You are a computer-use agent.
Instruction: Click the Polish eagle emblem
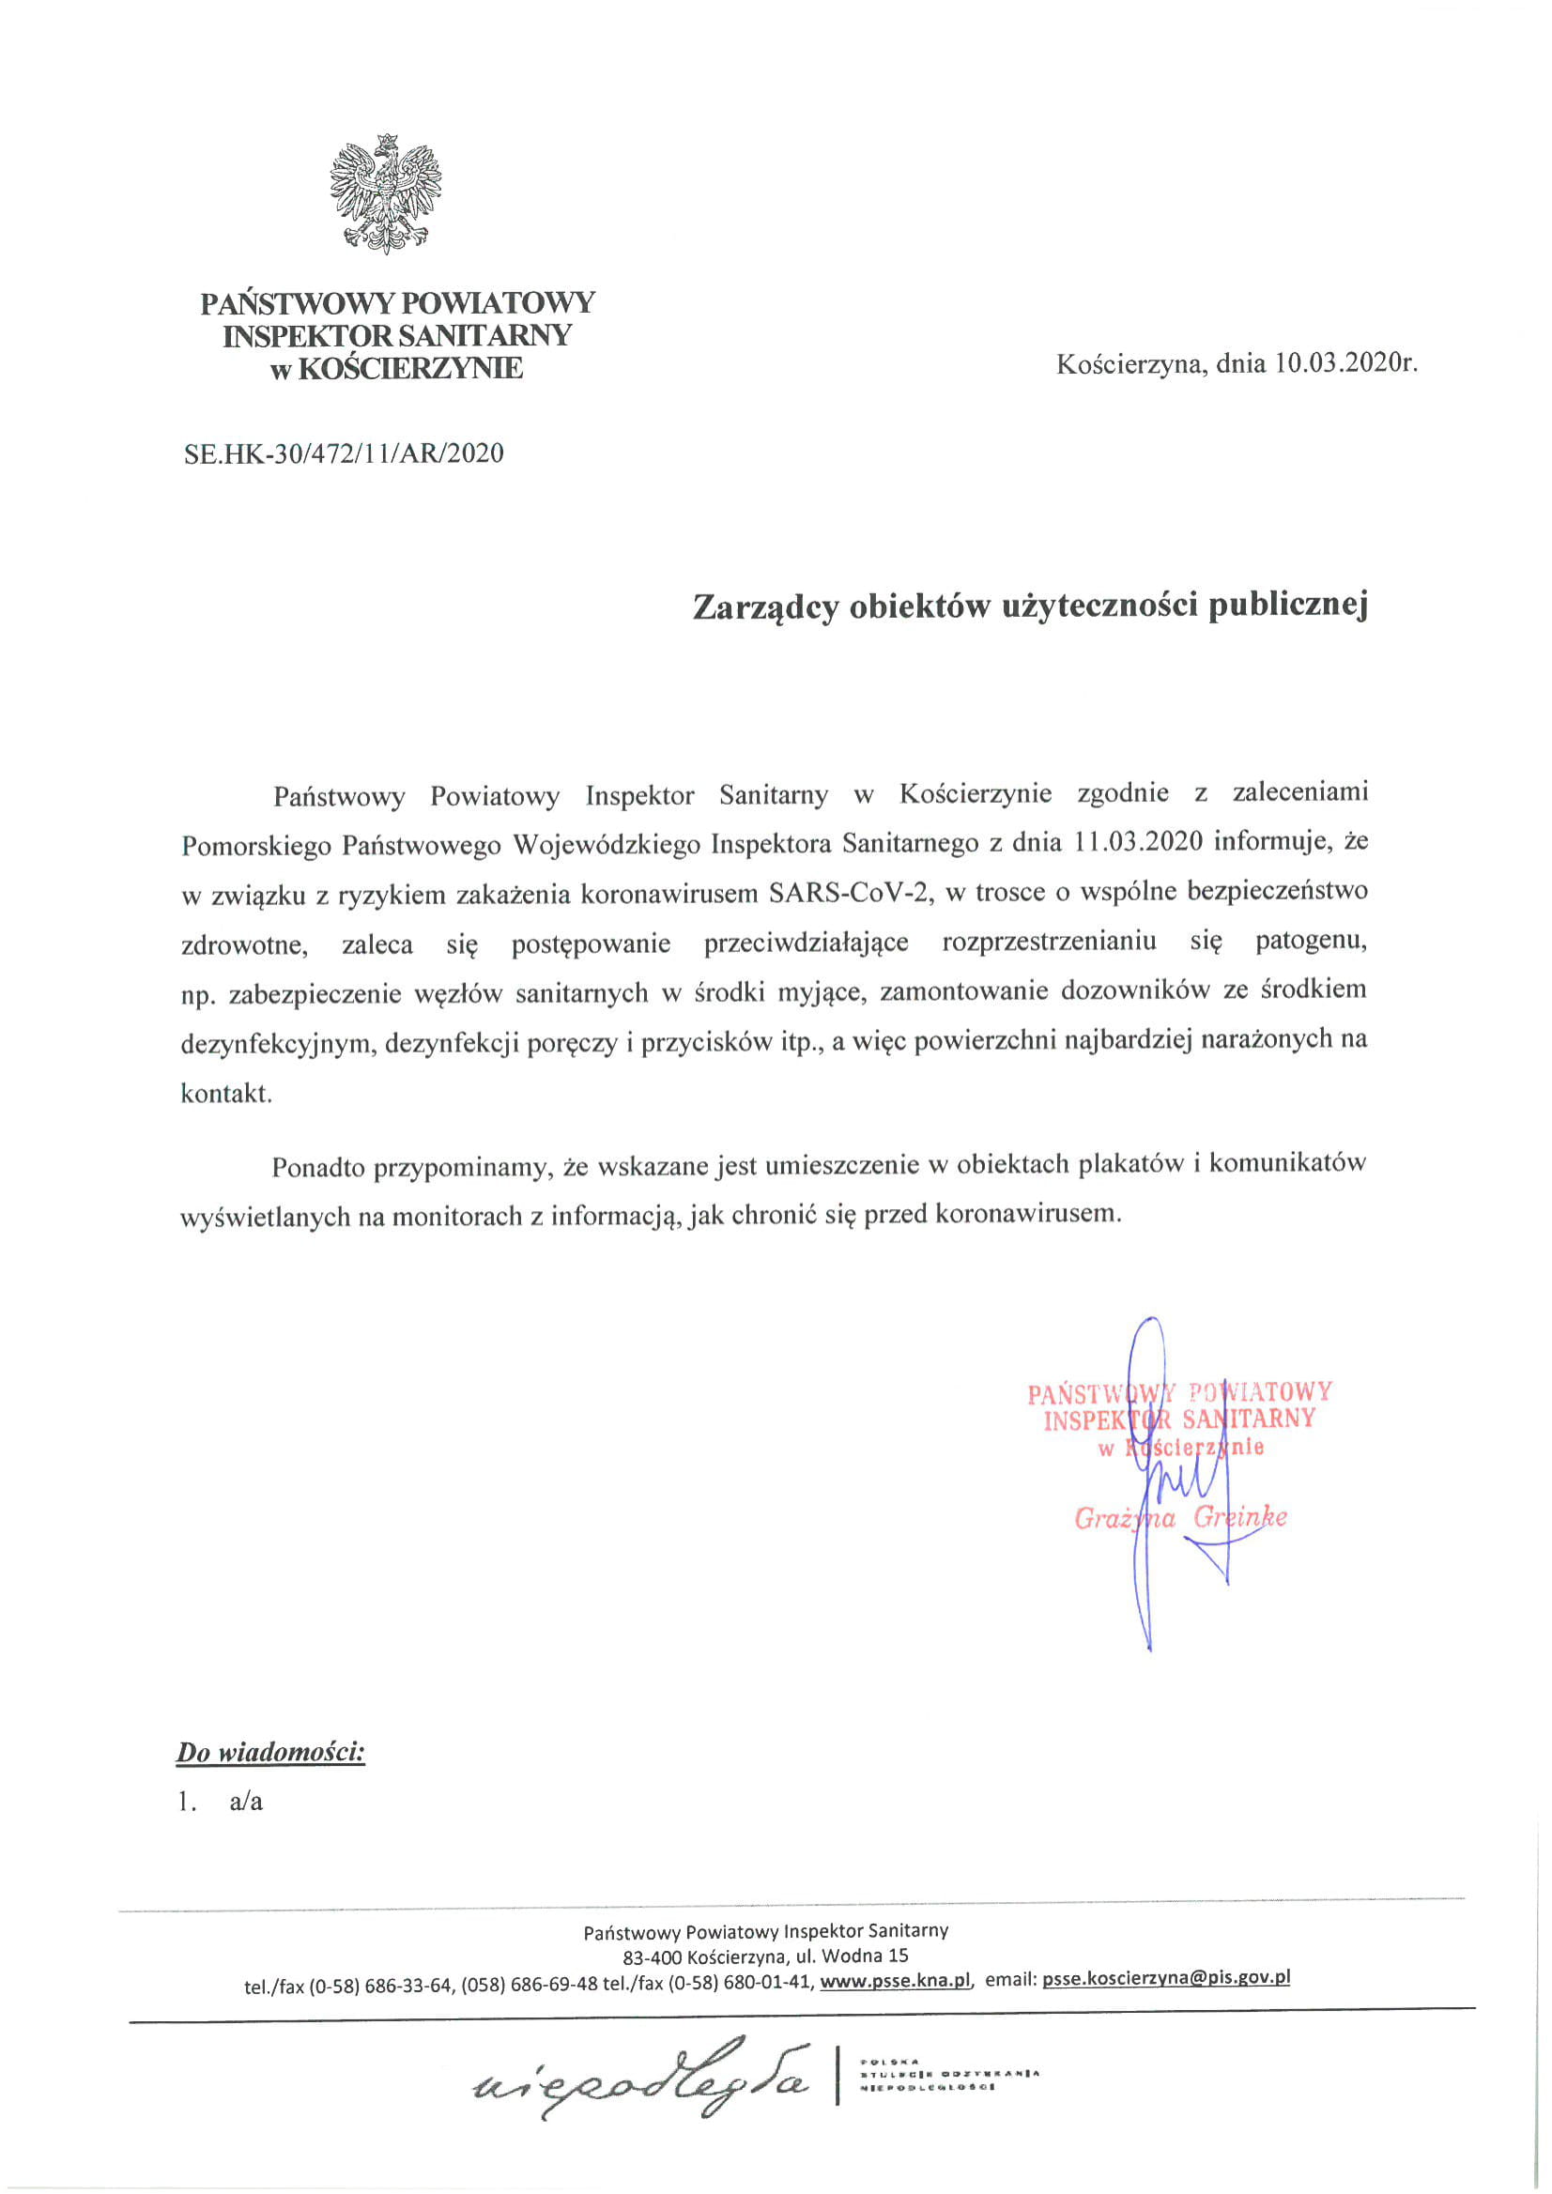(x=385, y=193)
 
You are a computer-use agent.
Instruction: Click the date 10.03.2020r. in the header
(x=1344, y=363)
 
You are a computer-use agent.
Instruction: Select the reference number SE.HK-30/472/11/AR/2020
(x=343, y=453)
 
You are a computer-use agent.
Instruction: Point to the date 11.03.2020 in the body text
(x=1136, y=843)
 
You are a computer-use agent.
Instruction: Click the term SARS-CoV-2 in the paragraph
(x=850, y=894)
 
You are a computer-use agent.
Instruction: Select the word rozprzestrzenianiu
(x=1049, y=942)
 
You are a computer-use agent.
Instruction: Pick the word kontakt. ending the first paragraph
(x=226, y=1093)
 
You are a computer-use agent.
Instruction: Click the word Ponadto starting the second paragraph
(x=318, y=1167)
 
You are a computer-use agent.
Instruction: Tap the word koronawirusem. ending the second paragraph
(x=1027, y=1214)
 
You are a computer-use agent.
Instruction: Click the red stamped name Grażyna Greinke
(x=1180, y=1517)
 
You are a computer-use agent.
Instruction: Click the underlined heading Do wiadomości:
(x=270, y=1753)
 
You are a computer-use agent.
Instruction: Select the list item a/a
(x=246, y=1803)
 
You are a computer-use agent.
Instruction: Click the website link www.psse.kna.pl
(x=896, y=1980)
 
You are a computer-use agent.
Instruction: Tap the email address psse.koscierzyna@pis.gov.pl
(x=1166, y=1978)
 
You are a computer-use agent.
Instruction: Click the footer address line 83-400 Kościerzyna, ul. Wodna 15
(x=765, y=1956)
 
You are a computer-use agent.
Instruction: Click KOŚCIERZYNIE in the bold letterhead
(x=410, y=368)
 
